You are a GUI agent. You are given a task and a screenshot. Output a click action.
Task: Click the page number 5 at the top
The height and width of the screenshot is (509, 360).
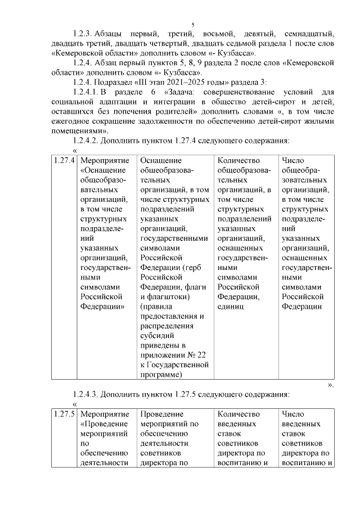[192, 24]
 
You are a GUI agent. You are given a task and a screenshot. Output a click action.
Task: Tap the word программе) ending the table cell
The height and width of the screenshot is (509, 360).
[161, 374]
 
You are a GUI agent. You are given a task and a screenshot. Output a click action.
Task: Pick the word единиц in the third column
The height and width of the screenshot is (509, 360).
[231, 307]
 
